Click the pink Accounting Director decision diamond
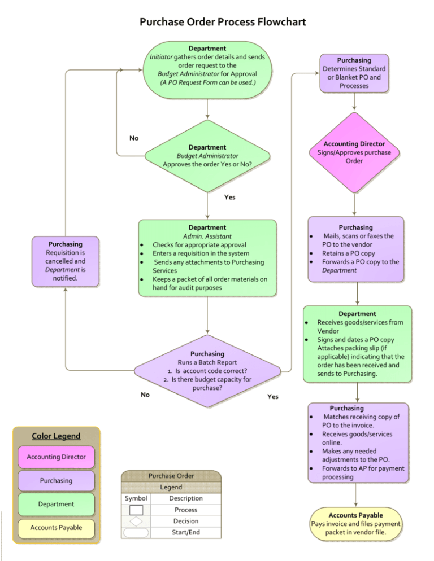pos(354,152)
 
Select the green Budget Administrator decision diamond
pos(207,156)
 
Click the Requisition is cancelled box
pos(66,261)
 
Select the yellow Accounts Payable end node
pos(356,524)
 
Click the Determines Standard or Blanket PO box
pos(354,72)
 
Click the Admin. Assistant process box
pos(207,257)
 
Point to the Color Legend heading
pos(56,436)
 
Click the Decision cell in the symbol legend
pos(185,521)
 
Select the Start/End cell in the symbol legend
pos(185,532)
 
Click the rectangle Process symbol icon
pos(136,510)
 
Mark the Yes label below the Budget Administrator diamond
pos(229,198)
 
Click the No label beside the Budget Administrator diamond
pos(134,138)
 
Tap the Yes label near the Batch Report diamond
pos(272,397)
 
